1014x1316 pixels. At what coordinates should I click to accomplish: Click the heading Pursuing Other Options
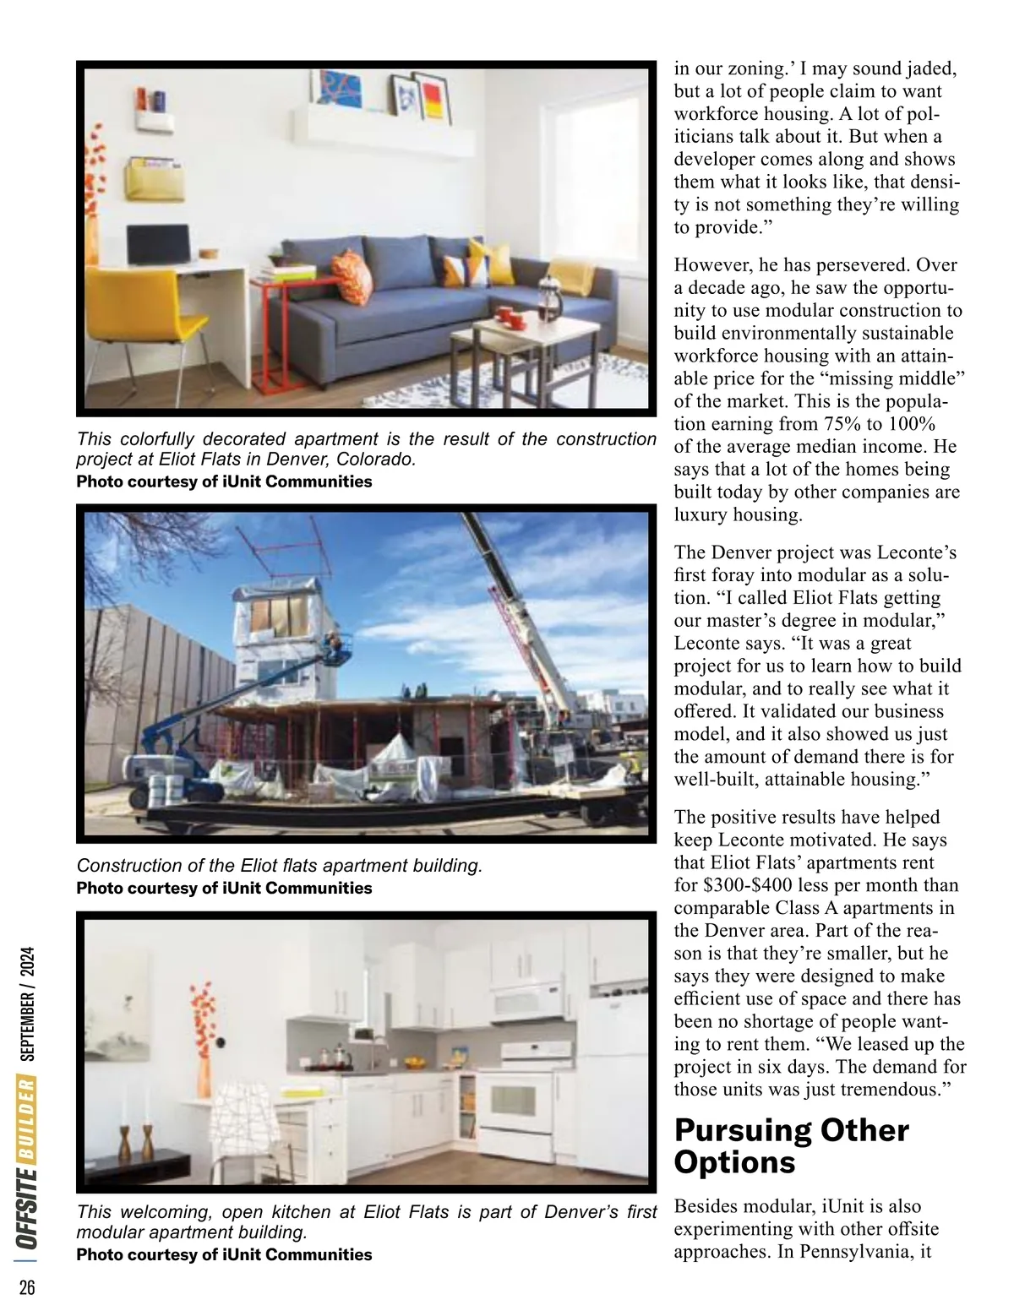click(x=791, y=1145)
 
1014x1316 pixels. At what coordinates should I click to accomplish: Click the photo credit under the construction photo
click(x=224, y=888)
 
